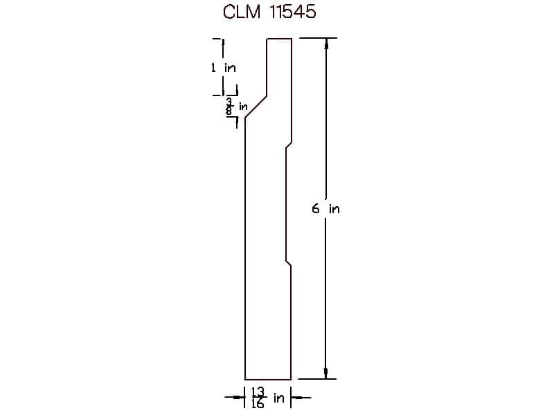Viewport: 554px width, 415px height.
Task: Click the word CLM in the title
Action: coord(242,12)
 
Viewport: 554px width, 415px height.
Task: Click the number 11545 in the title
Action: coord(292,12)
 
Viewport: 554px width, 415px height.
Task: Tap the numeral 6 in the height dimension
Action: coord(316,209)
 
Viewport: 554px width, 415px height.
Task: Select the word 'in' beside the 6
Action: coord(334,209)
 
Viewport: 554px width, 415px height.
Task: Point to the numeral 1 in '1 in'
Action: coord(213,67)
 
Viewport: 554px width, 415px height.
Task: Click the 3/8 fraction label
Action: coord(229,107)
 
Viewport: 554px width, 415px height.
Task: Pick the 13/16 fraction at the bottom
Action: coord(258,398)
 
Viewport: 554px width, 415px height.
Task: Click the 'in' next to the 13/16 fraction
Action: coord(279,398)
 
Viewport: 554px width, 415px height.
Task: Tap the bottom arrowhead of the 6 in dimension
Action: coord(326,373)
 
